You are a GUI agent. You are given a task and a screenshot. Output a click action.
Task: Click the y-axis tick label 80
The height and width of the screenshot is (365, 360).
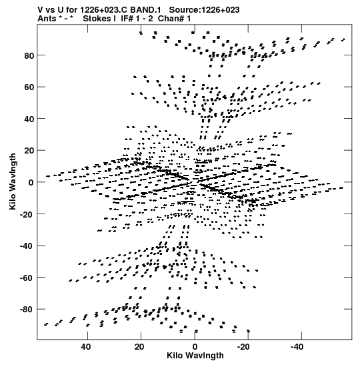pos(29,55)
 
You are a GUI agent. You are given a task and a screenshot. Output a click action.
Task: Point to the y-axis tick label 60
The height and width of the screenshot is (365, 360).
pos(29,87)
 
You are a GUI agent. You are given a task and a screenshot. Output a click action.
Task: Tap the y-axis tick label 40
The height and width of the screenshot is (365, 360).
pos(29,119)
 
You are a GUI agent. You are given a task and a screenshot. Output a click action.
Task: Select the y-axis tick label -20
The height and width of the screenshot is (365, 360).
pos(27,214)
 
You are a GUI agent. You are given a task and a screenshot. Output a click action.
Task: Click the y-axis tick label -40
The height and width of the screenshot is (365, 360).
pos(27,246)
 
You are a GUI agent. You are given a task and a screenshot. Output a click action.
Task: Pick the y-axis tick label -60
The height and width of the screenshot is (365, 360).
pos(27,278)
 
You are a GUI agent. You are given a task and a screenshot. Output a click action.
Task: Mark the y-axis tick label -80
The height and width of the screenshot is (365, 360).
pos(27,310)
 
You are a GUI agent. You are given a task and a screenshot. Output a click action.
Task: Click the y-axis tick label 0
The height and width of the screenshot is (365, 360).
pos(31,183)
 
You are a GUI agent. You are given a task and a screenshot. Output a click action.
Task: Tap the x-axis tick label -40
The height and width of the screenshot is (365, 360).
pos(297,347)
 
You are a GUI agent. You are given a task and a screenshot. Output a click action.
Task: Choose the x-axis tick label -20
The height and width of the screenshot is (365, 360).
pos(243,347)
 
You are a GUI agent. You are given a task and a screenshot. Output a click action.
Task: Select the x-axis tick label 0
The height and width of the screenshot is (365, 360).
pos(195,347)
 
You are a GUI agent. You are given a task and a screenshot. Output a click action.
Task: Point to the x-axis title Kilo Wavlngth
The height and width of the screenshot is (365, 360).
pos(195,356)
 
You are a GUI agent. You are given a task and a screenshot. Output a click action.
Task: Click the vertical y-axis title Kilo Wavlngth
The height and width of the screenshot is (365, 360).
pos(13,181)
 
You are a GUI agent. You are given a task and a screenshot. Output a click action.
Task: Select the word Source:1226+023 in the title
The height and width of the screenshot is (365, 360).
pos(204,10)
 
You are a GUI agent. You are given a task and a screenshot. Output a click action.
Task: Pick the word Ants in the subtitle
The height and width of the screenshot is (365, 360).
pos(47,19)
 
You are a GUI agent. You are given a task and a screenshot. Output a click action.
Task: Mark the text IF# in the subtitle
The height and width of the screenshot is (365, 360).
pos(127,19)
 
